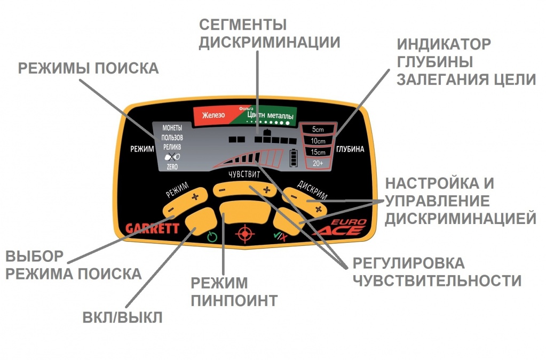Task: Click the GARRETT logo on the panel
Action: pos(152,228)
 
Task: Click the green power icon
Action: pos(212,237)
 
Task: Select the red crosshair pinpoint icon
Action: pos(245,234)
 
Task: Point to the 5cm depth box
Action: pos(318,130)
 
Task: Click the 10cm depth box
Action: pos(318,141)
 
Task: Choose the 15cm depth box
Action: pos(318,152)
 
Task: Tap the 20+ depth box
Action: pos(318,163)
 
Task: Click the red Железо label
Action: pos(213,115)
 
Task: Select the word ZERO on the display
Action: pos(172,167)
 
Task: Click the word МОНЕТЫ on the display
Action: pos(172,128)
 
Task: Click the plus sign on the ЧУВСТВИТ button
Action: pos(267,190)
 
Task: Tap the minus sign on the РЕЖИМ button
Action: pos(171,210)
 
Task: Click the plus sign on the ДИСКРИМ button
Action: pos(318,209)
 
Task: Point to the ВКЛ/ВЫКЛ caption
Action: pos(122,317)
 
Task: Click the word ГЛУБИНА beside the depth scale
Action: pos(350,149)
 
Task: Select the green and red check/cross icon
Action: pos(280,236)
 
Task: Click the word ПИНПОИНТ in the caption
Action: pos(234,300)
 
